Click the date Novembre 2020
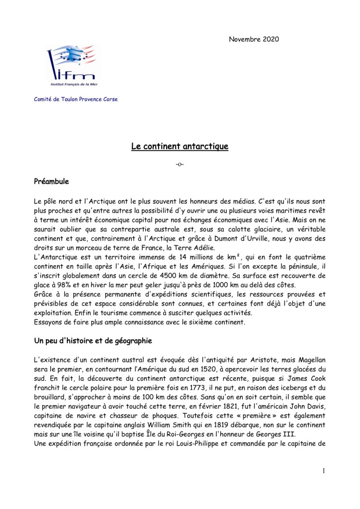point(254,39)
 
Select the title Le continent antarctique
point(180,146)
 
